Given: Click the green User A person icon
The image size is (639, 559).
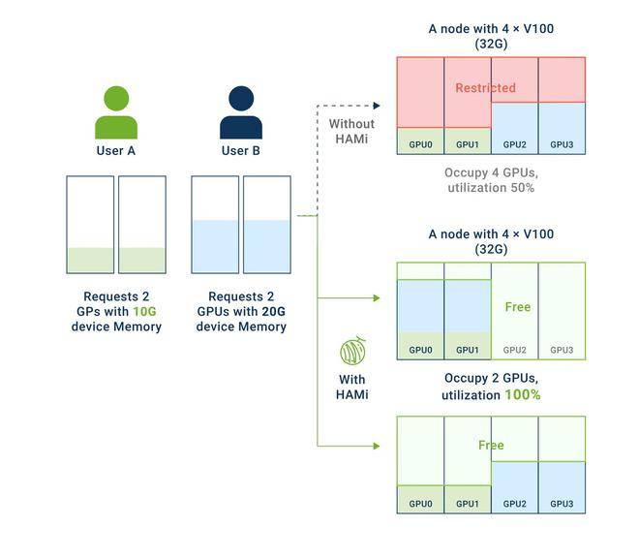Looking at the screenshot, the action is [x=116, y=112].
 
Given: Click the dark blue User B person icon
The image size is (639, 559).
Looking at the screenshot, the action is [x=241, y=112].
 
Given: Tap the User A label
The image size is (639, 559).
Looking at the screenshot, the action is [x=116, y=151].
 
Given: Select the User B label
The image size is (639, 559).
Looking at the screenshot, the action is [x=241, y=151].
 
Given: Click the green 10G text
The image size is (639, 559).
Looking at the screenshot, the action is [x=144, y=312].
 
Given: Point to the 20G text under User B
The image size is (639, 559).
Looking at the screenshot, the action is [x=273, y=312].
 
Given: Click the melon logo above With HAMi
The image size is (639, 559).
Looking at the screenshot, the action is [x=353, y=351].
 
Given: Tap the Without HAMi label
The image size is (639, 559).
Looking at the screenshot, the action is [x=351, y=132].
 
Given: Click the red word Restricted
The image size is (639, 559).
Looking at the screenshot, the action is [x=485, y=87].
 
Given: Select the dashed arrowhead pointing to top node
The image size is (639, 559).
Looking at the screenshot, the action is [x=377, y=106].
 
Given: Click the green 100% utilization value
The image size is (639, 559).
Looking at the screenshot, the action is [x=523, y=394].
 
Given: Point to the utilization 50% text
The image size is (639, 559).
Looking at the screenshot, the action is [x=491, y=188].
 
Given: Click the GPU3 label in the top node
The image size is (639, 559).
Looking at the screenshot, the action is [x=562, y=144].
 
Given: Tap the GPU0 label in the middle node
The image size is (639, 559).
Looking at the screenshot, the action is [x=420, y=351].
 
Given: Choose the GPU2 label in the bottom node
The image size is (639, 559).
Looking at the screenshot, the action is [x=515, y=504].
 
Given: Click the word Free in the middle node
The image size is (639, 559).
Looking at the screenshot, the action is [x=518, y=306].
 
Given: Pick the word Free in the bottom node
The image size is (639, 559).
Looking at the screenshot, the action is [x=491, y=445].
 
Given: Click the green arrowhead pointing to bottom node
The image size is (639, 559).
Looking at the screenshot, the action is [x=377, y=446].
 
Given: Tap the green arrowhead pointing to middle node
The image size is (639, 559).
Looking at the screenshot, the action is [x=377, y=298].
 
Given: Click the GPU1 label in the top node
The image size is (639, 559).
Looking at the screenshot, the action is [x=468, y=144].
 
